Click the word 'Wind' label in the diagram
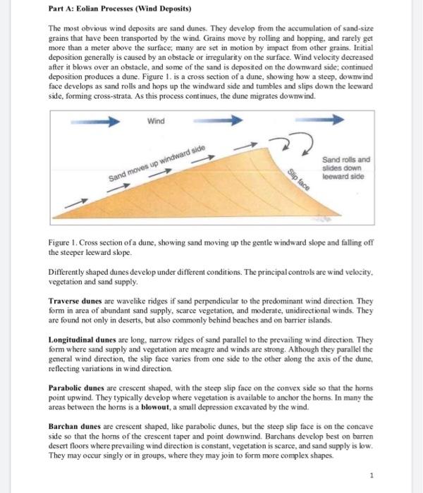coord(156,121)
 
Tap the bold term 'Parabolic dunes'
coord(75,388)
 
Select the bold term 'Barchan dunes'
coord(74,427)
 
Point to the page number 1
coord(372,476)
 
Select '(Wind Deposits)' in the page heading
coord(163,8)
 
